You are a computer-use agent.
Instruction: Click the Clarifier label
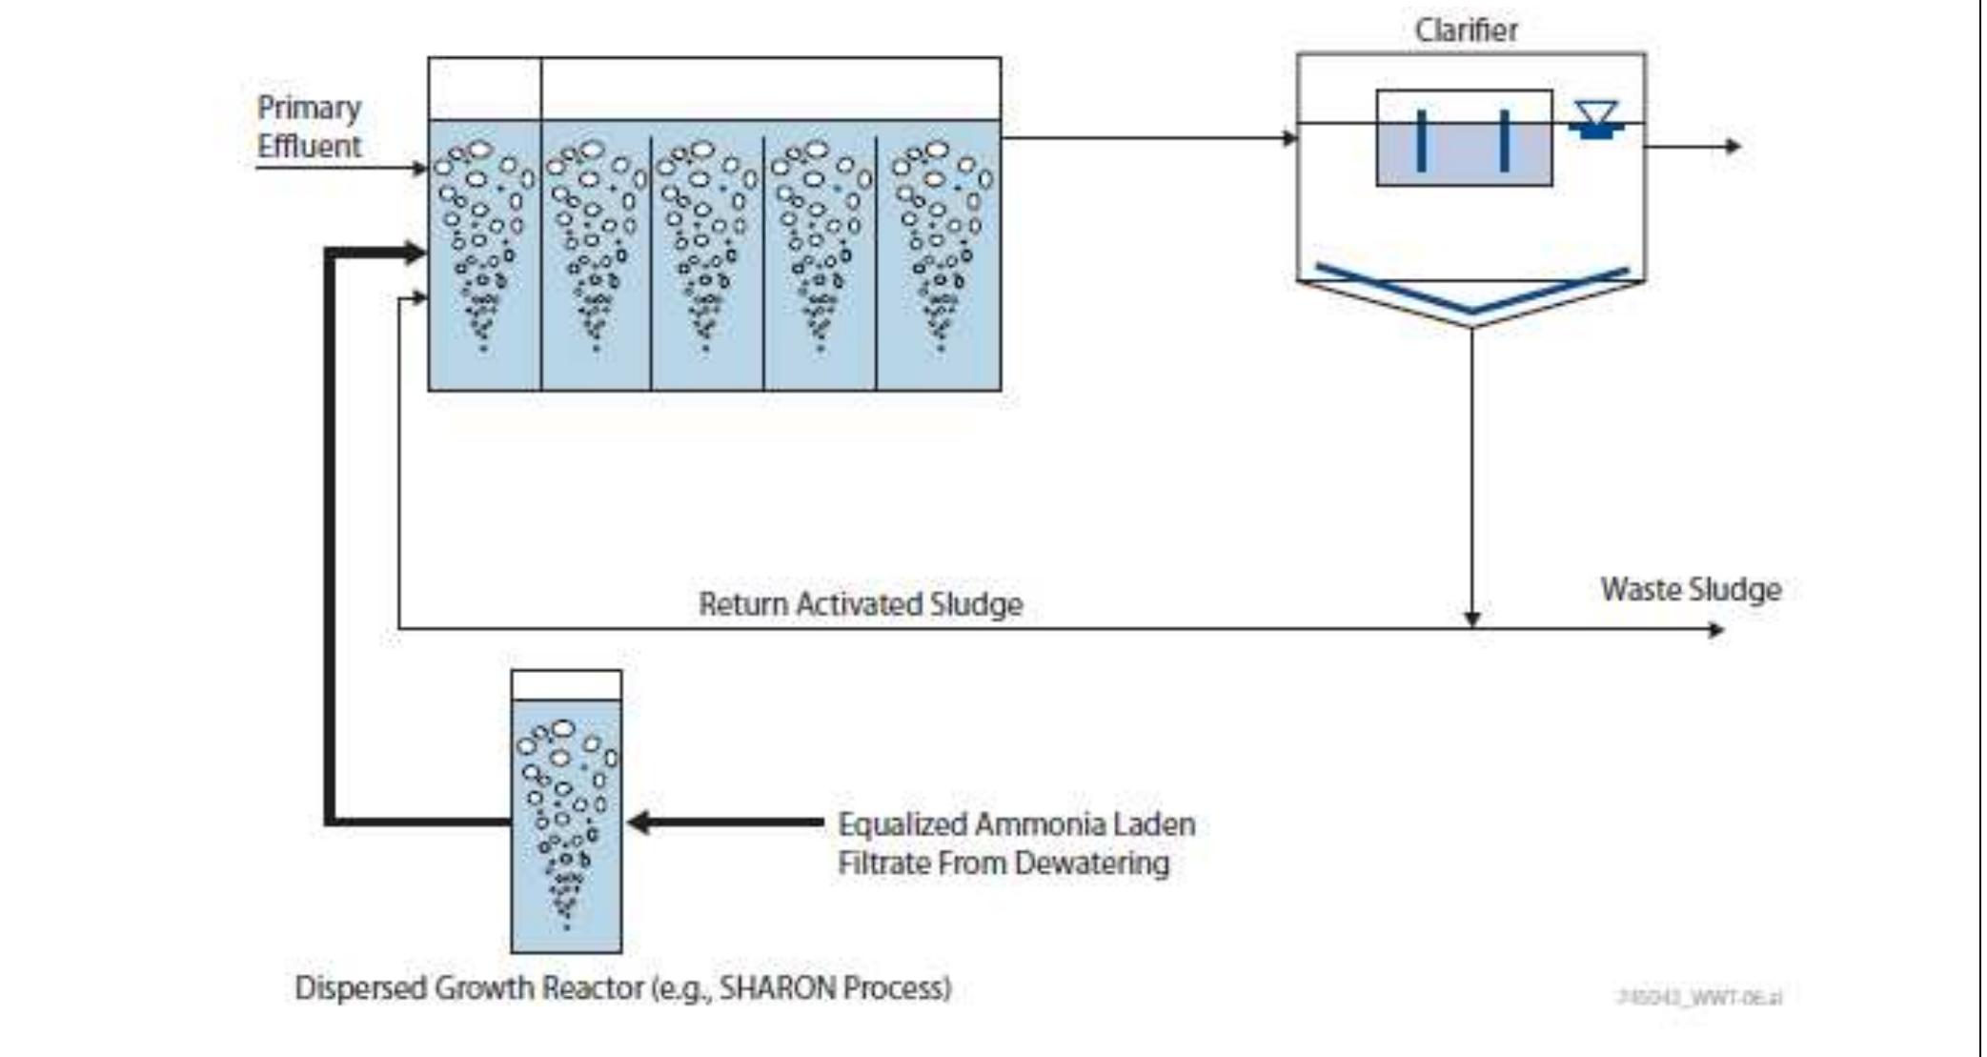point(1466,30)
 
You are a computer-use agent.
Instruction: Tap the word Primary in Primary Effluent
point(309,108)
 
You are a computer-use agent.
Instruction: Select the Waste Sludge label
point(1691,589)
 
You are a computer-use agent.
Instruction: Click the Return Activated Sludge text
point(861,604)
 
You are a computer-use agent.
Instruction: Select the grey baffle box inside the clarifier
point(1464,139)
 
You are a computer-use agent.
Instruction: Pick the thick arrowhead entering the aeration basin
point(416,254)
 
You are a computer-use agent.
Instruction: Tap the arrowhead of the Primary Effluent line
point(419,169)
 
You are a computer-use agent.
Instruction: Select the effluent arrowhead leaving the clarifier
point(1734,147)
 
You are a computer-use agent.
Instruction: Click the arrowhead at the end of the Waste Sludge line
point(1716,630)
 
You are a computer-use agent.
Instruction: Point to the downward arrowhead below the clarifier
point(1472,620)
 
